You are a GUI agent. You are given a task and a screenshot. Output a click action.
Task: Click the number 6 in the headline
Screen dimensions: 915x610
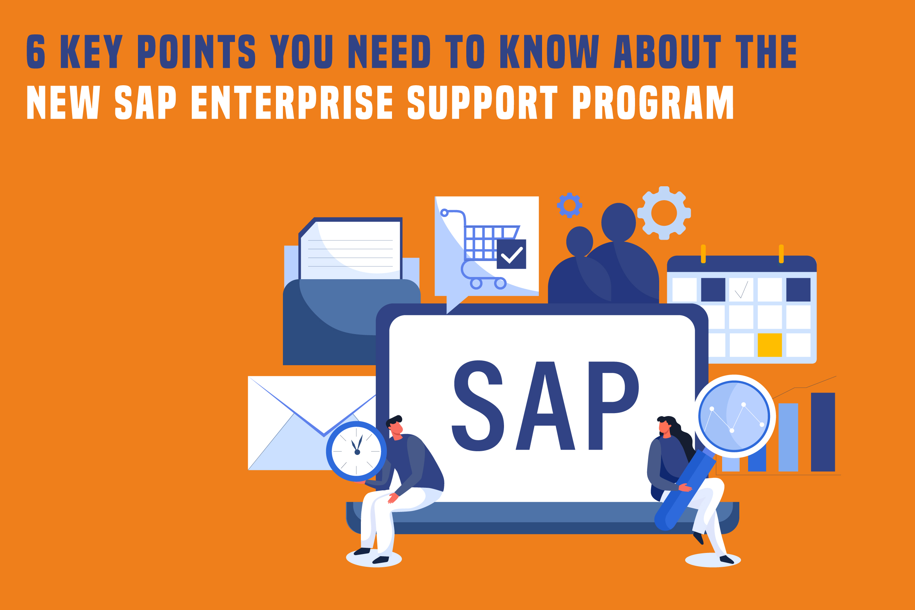tap(36, 51)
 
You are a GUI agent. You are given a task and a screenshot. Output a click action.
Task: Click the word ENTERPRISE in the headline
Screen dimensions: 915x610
tap(292, 102)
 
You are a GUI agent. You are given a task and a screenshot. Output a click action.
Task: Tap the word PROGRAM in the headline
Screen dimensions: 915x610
tap(653, 102)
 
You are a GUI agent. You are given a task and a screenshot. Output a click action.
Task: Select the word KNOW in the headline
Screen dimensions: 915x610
tap(549, 51)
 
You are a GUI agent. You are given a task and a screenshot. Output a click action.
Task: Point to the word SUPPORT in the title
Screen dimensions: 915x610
tap(483, 102)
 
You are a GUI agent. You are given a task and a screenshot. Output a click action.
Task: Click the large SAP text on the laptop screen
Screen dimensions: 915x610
tap(545, 406)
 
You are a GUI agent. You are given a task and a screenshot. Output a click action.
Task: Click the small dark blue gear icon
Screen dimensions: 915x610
tap(569, 205)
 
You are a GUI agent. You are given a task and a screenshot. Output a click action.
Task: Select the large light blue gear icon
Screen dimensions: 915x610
tap(664, 213)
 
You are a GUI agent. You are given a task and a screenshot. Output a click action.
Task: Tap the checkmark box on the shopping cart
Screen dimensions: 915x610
tap(511, 254)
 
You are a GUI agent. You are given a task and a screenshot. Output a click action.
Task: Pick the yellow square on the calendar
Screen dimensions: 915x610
tap(769, 345)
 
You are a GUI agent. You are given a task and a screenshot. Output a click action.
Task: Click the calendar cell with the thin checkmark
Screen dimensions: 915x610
tap(741, 289)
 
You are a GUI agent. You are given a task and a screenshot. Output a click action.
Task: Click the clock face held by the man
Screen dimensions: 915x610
tap(356, 451)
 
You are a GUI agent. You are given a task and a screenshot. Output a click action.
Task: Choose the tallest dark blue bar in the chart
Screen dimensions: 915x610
tap(823, 432)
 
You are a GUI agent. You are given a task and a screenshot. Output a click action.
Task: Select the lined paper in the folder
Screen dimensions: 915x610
tap(350, 250)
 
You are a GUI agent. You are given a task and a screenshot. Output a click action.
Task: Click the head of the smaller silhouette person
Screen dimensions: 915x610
tap(579, 241)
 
